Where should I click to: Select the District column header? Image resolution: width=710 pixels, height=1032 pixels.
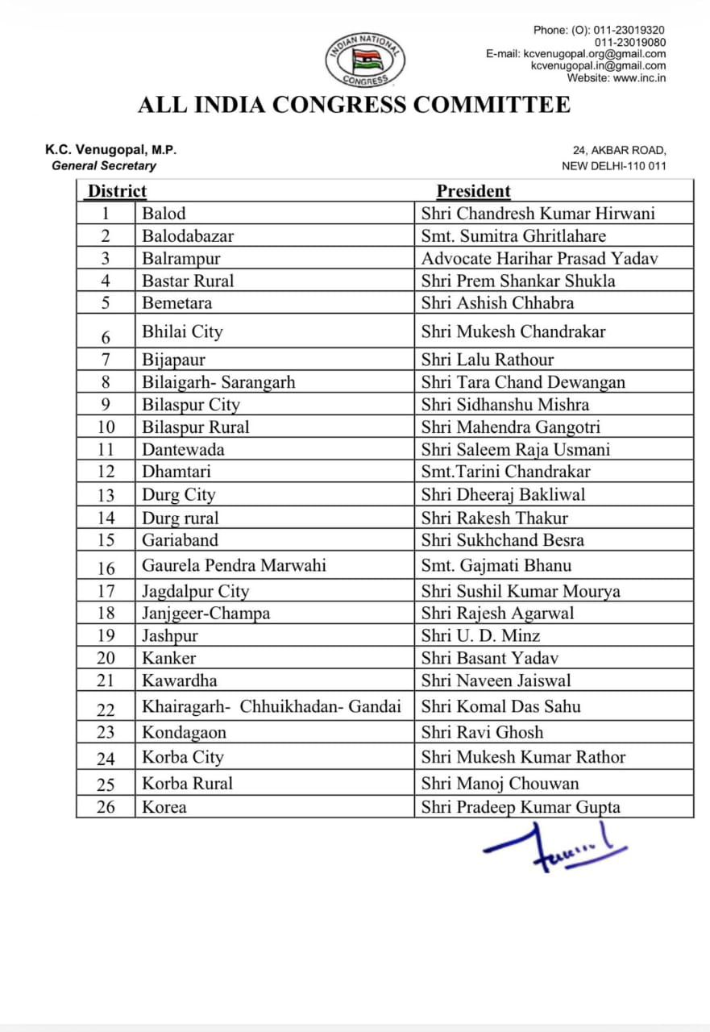click(x=117, y=191)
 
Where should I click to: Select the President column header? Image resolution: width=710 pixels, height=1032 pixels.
click(x=474, y=191)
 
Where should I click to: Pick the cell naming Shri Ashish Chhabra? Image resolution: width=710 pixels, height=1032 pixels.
click(x=497, y=303)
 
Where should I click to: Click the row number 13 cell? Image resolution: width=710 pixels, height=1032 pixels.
click(x=106, y=495)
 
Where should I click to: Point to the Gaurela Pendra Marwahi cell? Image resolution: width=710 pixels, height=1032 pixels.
click(x=234, y=565)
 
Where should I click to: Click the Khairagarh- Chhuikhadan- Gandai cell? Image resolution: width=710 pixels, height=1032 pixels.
click(x=272, y=707)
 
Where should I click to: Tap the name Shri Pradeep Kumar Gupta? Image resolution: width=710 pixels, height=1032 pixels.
click(x=521, y=807)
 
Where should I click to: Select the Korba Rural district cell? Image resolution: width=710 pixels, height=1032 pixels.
click(x=187, y=783)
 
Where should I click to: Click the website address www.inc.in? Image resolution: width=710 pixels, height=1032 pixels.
click(x=639, y=78)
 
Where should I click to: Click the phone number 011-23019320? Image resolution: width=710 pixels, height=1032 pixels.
click(x=629, y=30)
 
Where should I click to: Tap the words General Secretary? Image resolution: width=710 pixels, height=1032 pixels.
click(x=104, y=165)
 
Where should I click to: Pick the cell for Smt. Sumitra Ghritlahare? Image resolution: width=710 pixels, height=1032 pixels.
click(x=513, y=236)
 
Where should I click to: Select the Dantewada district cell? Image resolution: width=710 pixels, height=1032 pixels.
click(x=183, y=450)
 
